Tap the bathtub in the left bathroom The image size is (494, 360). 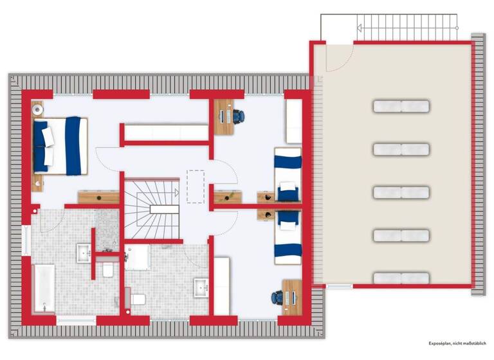(43, 285)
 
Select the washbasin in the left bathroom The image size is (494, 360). (84, 253)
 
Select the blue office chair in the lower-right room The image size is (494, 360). (277, 297)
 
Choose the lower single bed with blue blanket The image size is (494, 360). (287, 237)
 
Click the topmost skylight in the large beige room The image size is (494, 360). (401, 106)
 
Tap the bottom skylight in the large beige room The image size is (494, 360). (401, 278)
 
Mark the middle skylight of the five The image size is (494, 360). (401, 192)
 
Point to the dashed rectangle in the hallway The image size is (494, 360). (196, 186)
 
